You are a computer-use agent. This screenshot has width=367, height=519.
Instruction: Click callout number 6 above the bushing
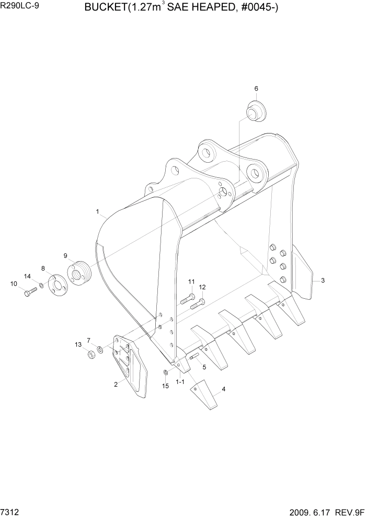click(256, 88)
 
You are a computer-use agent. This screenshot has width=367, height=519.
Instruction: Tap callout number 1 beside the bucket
click(98, 211)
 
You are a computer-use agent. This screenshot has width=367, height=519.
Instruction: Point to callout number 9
click(66, 256)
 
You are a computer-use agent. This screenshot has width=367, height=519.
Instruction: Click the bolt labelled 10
click(29, 294)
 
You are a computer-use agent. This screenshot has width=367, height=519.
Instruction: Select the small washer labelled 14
click(41, 286)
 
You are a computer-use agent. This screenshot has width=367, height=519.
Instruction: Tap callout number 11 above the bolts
click(191, 282)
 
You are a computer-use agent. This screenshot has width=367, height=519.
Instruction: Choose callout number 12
click(202, 287)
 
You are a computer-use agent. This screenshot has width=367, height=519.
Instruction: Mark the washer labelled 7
click(100, 349)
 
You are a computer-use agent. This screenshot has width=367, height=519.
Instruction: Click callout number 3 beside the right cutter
click(323, 280)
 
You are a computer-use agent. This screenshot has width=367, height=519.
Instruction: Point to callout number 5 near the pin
click(204, 367)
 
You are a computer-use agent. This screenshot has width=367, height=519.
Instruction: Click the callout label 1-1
click(180, 382)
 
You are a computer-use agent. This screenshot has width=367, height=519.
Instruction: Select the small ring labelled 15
click(165, 372)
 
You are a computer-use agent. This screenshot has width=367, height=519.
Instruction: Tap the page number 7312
click(12, 511)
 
